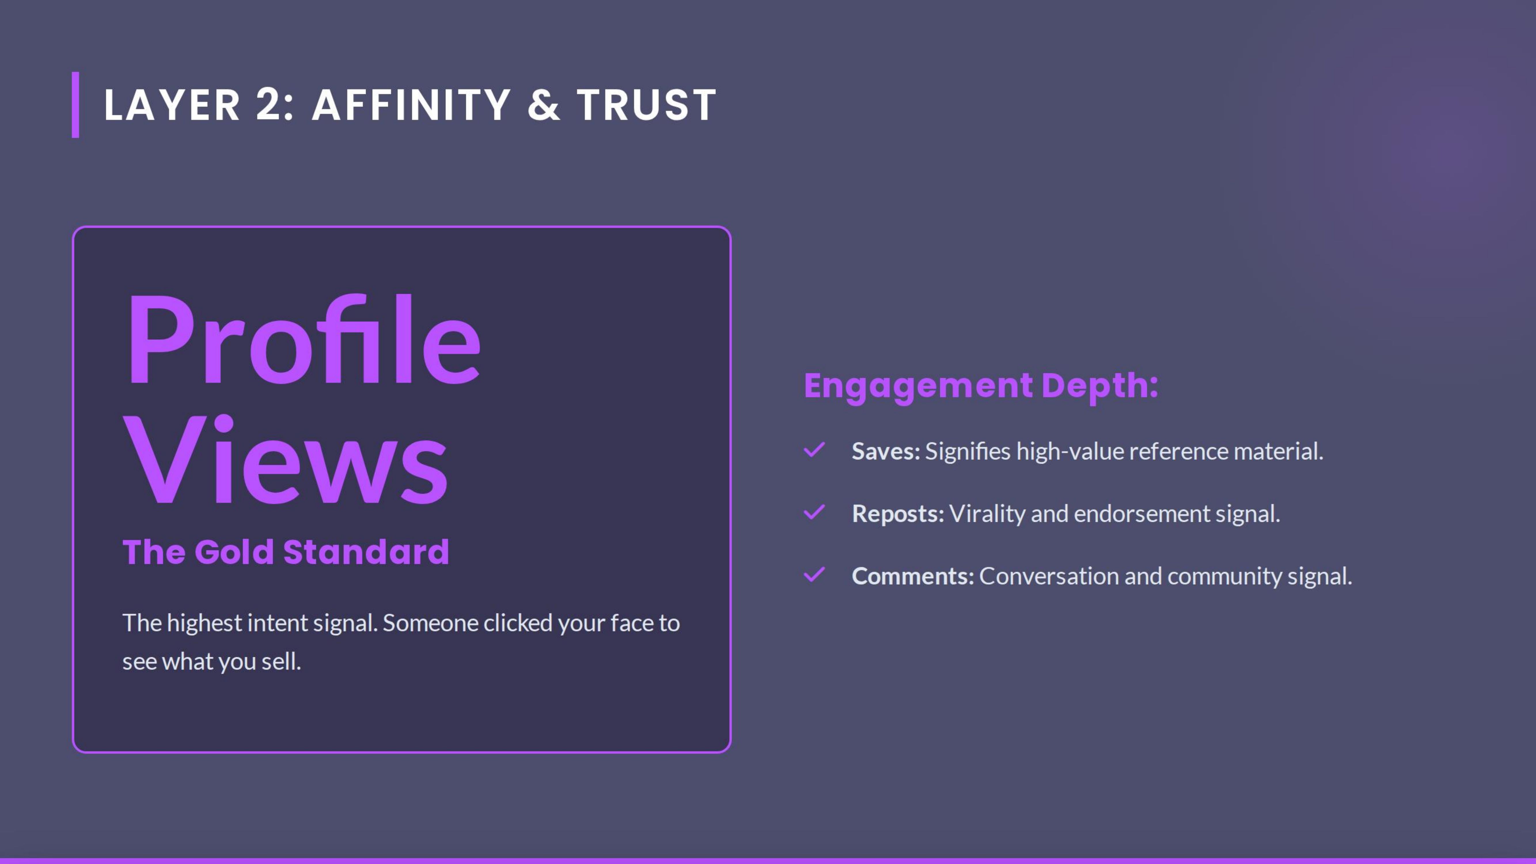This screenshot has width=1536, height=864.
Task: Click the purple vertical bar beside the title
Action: coord(76,105)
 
